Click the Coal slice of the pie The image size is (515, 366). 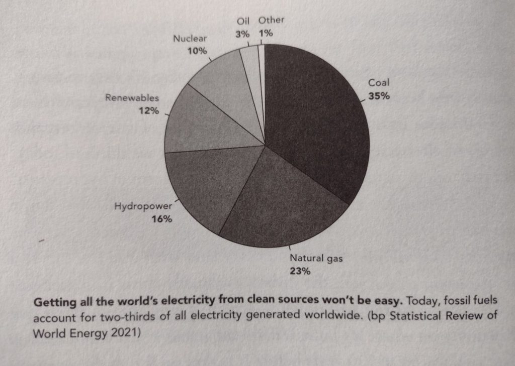click(317, 120)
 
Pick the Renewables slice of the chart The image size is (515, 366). click(201, 126)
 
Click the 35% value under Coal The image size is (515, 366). click(379, 96)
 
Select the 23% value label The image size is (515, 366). click(300, 272)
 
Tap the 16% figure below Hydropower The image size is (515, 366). click(162, 219)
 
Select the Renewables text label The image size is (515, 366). click(132, 97)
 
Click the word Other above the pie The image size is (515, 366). click(271, 20)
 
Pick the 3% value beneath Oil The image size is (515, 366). click(242, 33)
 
